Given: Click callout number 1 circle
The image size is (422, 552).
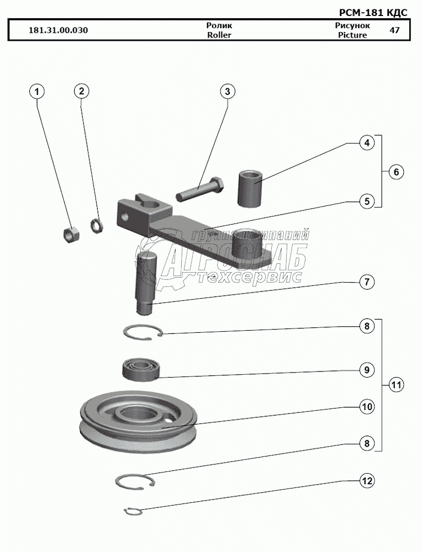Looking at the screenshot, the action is [x=37, y=91].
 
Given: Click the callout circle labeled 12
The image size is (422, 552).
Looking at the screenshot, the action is [x=365, y=481].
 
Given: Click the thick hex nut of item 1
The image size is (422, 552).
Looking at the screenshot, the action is [x=70, y=234].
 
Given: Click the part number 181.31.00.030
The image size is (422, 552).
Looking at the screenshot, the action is [x=59, y=30].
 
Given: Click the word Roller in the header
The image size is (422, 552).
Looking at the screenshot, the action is [x=219, y=35].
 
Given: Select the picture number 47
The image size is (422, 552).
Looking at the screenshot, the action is [x=394, y=30].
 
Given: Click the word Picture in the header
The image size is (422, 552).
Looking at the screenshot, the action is [x=352, y=35].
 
